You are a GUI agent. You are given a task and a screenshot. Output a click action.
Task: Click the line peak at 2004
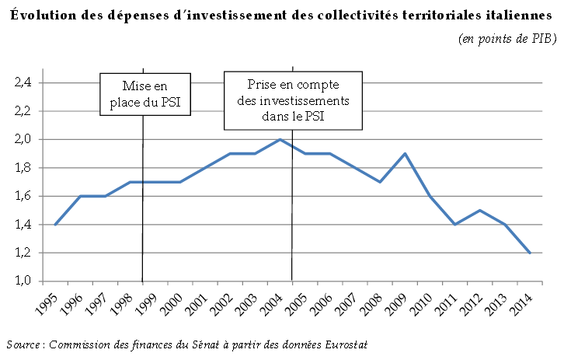[280, 139]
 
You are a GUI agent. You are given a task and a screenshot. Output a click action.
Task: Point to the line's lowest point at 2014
[530, 253]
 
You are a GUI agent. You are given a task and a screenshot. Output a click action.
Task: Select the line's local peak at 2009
[405, 153]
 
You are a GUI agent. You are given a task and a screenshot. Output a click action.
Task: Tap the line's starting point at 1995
[54, 225]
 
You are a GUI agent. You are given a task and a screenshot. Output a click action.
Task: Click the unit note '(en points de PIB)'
[507, 38]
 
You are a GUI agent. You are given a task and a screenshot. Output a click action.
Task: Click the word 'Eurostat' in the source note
[345, 344]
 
